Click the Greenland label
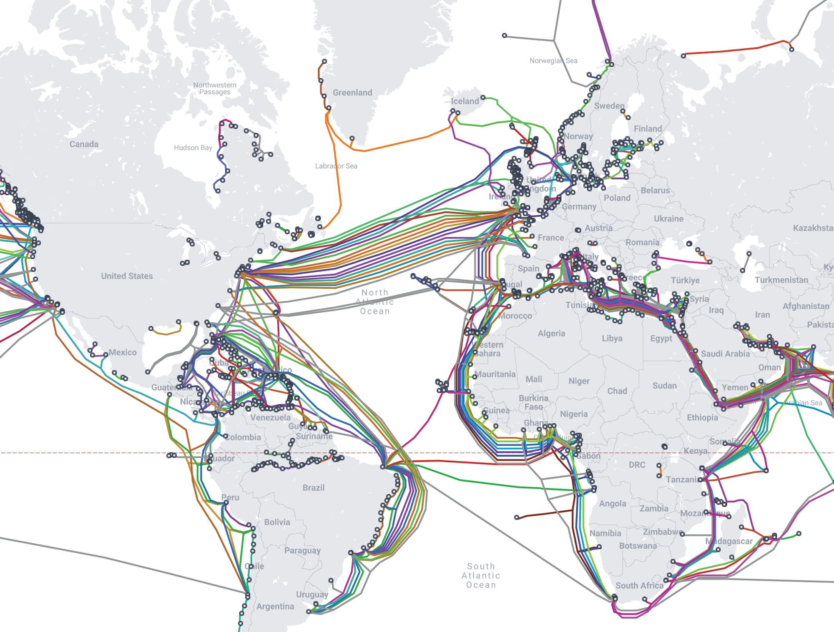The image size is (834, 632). [352, 93]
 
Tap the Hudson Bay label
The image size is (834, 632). [193, 148]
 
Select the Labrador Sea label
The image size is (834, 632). [336, 166]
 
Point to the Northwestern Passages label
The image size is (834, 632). [214, 88]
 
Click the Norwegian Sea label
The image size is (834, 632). [553, 61]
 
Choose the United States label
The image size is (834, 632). [127, 276]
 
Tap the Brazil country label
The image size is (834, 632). [313, 488]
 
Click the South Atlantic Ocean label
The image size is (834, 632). [481, 575]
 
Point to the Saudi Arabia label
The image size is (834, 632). [725, 354]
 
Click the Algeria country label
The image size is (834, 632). [551, 334]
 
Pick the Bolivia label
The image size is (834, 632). [277, 522]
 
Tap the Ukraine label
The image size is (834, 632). [668, 219]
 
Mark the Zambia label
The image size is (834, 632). [654, 509]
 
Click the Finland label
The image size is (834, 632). [648, 129]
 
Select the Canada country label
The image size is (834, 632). [84, 144]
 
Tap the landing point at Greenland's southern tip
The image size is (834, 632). [352, 138]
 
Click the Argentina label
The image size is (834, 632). [275, 607]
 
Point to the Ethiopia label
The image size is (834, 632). [702, 418]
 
